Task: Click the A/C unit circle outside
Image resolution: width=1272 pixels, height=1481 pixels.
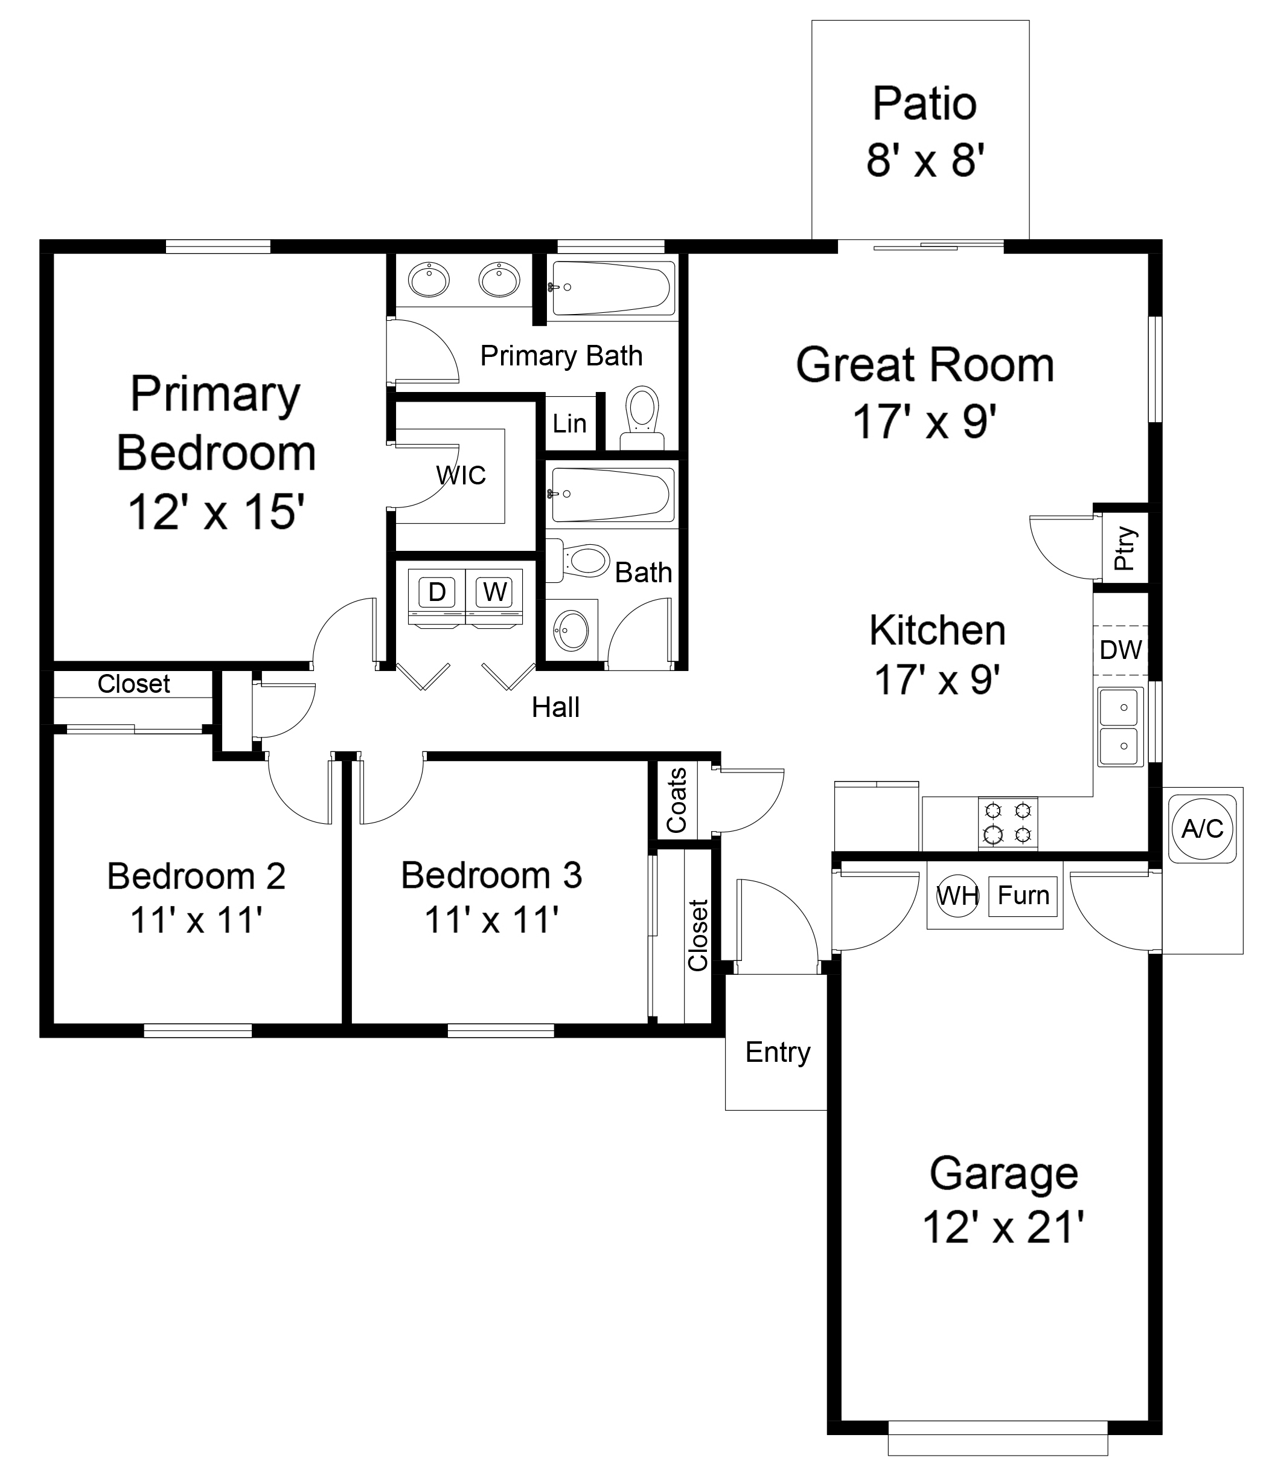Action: coord(1203,829)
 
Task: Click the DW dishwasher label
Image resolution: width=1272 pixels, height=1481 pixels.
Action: coord(1120,650)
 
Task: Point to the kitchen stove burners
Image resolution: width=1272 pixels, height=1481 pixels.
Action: coord(1008,823)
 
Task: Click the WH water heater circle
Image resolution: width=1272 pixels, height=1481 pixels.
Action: coord(957,895)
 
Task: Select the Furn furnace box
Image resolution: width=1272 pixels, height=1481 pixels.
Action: coord(1023,896)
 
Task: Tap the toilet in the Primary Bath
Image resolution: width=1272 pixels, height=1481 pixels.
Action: coord(642,418)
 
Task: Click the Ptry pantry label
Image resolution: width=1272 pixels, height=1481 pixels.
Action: coord(1124,547)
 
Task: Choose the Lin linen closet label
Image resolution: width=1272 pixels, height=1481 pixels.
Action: coord(569,424)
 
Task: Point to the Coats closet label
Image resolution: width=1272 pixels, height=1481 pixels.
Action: coord(676,800)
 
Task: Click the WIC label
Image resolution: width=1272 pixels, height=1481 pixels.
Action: coord(461,475)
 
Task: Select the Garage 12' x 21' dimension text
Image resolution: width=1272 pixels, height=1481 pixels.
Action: coord(1003,1227)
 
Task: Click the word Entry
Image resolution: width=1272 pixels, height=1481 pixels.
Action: coord(778,1053)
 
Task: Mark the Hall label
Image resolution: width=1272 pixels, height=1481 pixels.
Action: coord(555,708)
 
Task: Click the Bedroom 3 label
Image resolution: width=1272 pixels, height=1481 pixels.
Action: coord(491,876)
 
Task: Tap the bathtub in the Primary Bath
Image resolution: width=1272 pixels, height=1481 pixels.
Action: coord(612,288)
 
